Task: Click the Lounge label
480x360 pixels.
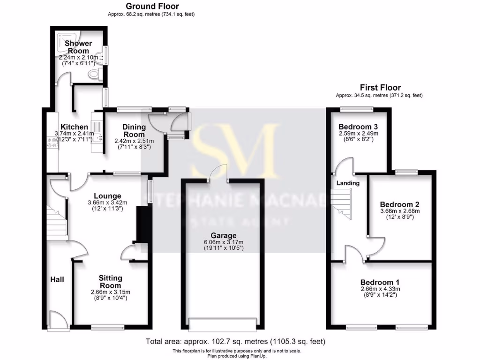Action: pyautogui.click(x=107, y=196)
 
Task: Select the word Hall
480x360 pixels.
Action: pyautogui.click(x=57, y=279)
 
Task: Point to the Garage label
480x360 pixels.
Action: pyautogui.click(x=224, y=235)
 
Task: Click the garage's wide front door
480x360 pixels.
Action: pyautogui.click(x=222, y=324)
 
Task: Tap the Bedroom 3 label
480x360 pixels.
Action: pyautogui.click(x=358, y=127)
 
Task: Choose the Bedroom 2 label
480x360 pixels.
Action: pyautogui.click(x=399, y=204)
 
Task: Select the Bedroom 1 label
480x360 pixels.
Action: pyautogui.click(x=380, y=283)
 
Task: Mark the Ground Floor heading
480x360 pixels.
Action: pyautogui.click(x=152, y=6)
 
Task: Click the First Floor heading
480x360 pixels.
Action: pyautogui.click(x=380, y=87)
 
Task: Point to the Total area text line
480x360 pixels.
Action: pyautogui.click(x=235, y=342)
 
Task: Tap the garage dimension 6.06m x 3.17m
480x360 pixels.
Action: pyautogui.click(x=224, y=242)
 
